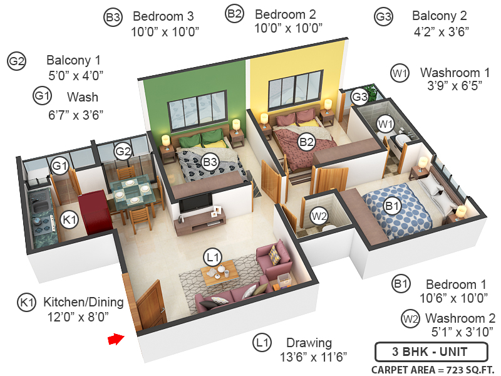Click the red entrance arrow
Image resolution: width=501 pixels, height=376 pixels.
pos(115,339)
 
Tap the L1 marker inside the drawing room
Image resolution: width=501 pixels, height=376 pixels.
pos(213,256)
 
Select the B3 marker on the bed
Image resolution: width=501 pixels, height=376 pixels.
pos(210,162)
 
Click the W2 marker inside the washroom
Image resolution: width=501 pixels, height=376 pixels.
pos(319,217)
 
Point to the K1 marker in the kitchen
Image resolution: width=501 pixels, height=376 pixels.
pos(69,219)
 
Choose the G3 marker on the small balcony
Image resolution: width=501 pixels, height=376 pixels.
pos(359,97)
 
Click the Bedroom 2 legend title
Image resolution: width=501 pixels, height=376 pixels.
pos(285,13)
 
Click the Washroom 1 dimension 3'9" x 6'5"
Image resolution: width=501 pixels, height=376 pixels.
pos(450,86)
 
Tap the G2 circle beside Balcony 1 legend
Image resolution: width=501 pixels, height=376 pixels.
pos(16,61)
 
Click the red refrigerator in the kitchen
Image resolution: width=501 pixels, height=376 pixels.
pos(95,211)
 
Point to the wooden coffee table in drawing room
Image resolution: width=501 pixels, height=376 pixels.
pos(219,270)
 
